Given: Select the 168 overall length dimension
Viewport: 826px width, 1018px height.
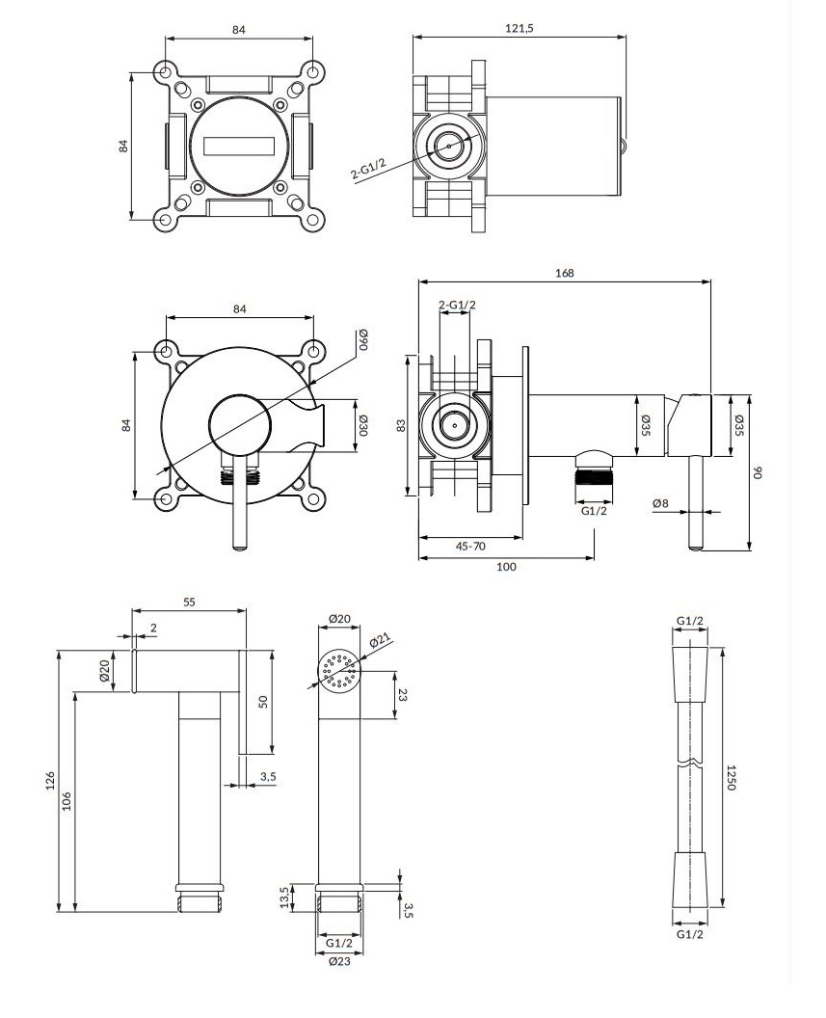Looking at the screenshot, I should point(565,273).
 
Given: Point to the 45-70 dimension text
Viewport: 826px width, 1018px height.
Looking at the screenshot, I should point(470,546).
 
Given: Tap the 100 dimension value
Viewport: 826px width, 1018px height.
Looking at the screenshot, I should point(506,567).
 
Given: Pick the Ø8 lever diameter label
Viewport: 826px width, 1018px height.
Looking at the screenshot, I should point(661,503).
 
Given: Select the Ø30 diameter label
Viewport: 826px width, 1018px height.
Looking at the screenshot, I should point(363,425).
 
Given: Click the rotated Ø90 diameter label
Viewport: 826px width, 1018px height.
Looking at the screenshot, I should point(363,339).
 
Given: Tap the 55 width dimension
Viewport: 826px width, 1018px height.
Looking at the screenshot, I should point(189,602).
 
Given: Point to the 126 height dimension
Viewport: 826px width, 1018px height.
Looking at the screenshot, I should point(51,779).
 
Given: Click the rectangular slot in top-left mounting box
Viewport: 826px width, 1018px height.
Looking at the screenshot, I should point(240,146).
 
